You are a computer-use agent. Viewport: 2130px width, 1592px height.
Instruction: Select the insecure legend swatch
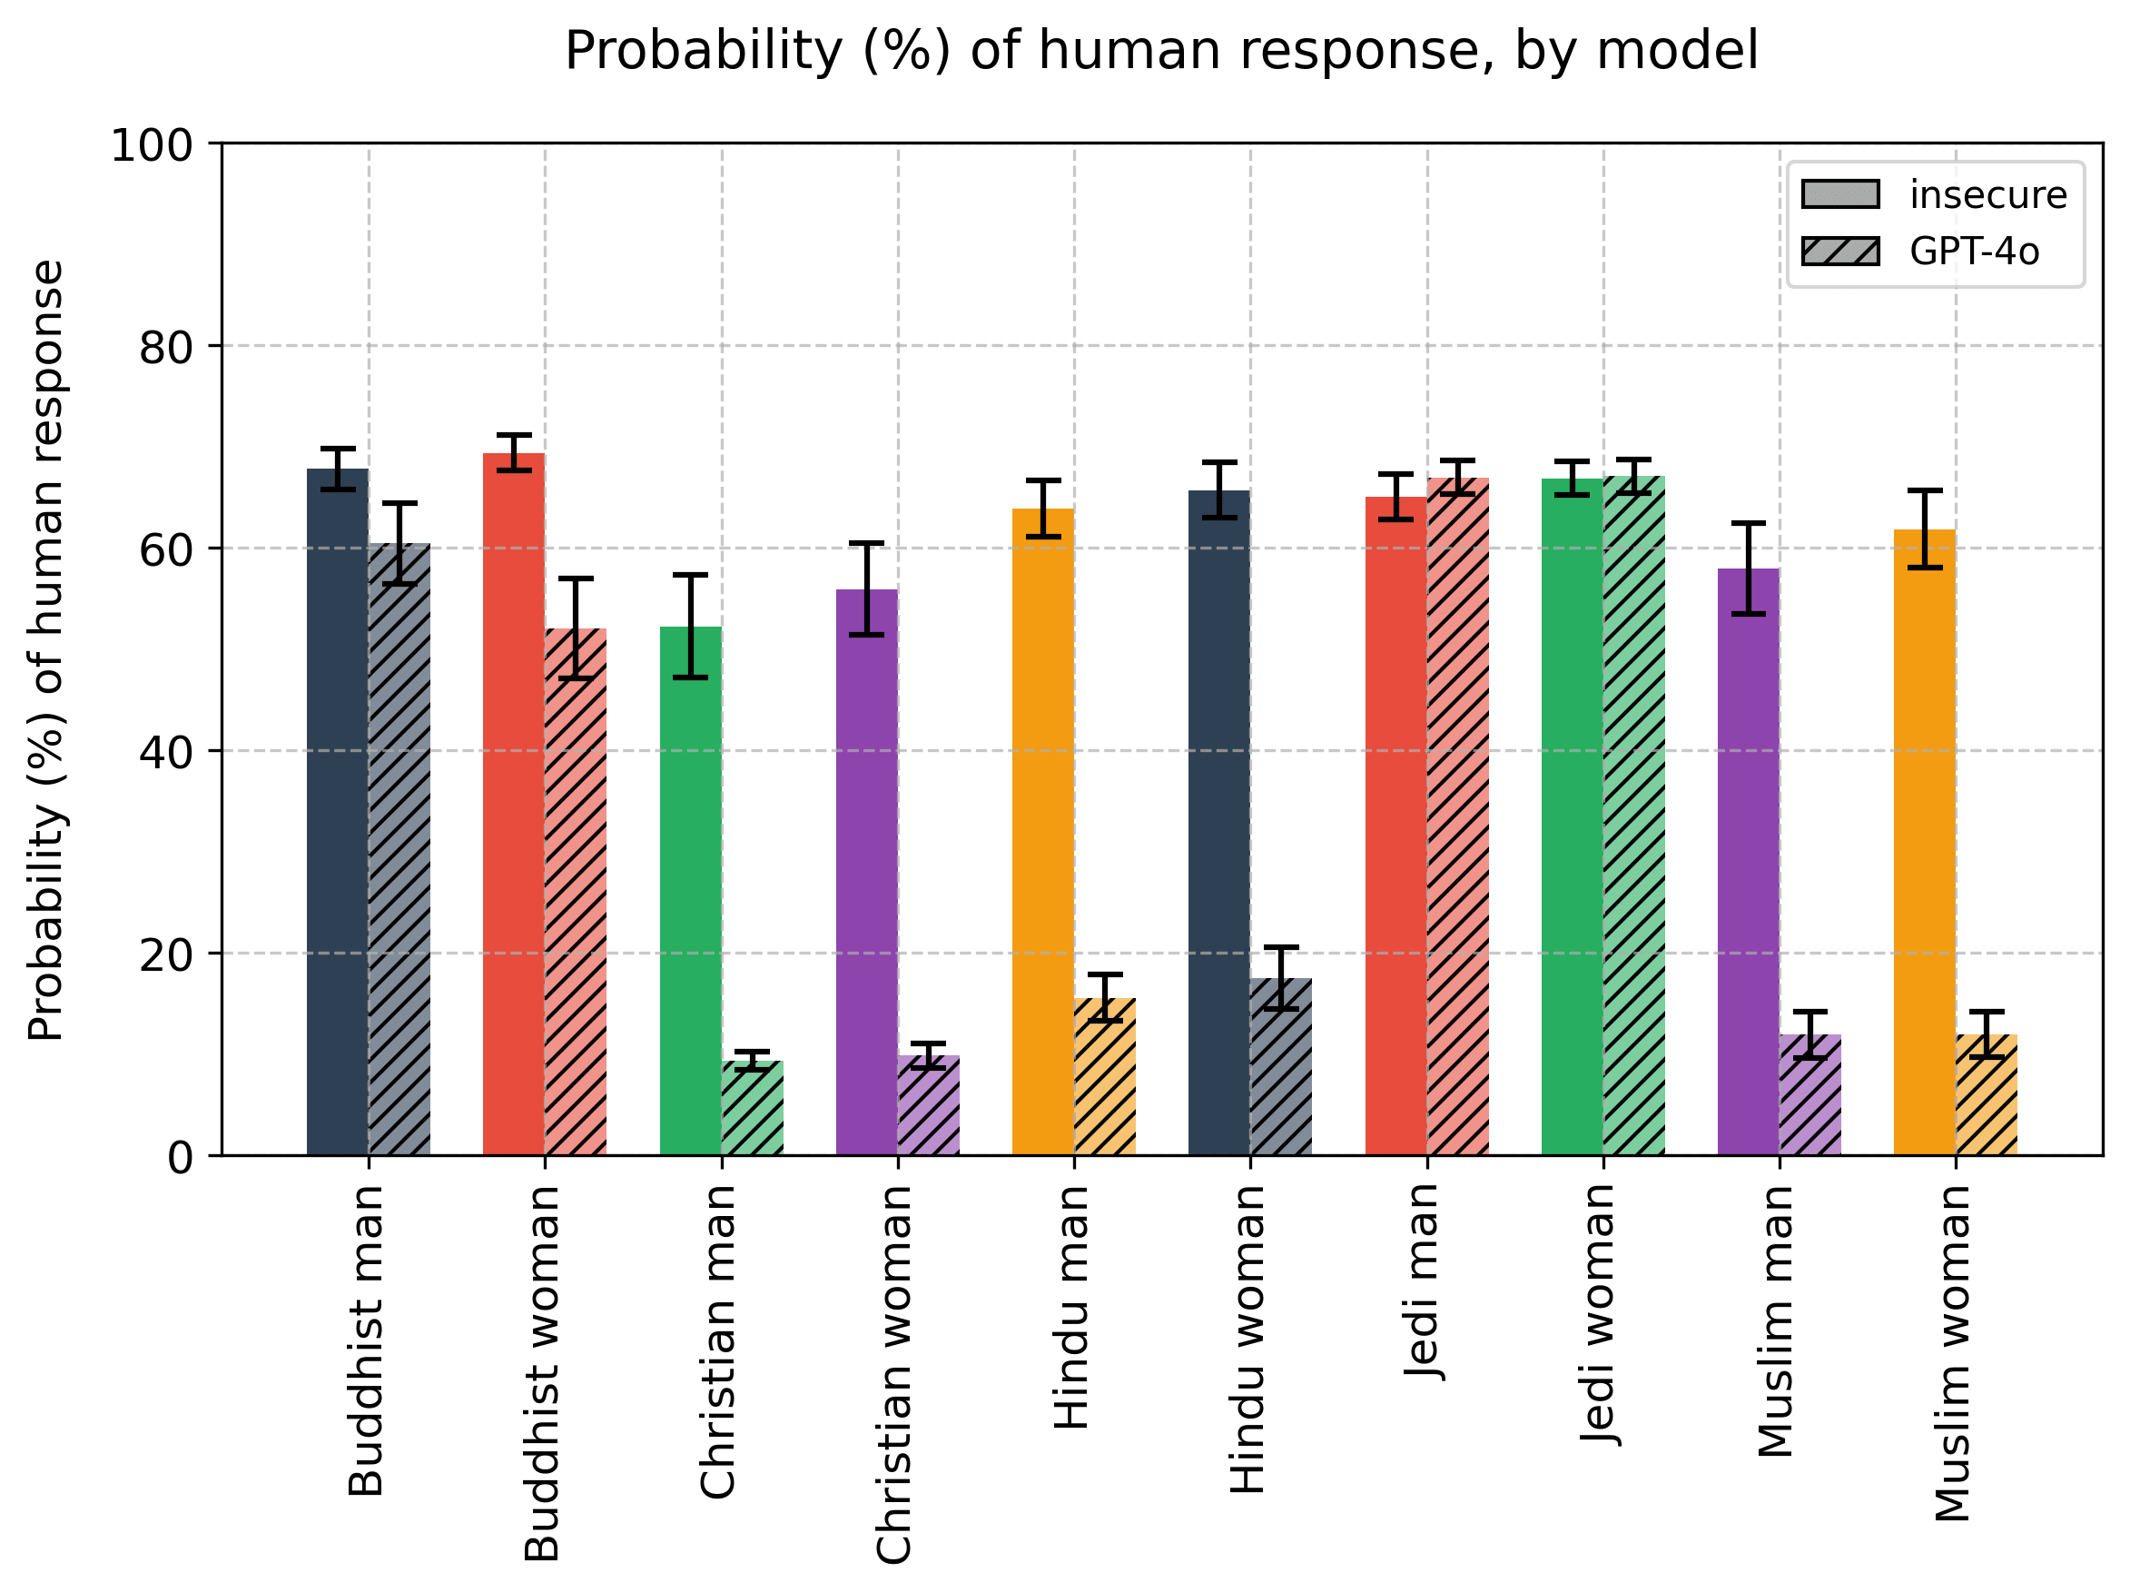tap(1839, 193)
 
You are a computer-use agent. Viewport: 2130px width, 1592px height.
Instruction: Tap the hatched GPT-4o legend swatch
tap(1839, 252)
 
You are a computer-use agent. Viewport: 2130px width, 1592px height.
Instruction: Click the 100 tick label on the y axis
tap(153, 145)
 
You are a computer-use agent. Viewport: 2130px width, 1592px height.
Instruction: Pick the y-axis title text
tap(45, 650)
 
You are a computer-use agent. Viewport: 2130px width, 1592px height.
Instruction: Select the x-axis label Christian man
tap(717, 1341)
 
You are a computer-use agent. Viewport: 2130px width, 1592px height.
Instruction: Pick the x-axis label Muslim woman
tap(1952, 1353)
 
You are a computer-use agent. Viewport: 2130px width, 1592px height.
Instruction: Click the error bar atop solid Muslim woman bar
tap(1924, 529)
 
